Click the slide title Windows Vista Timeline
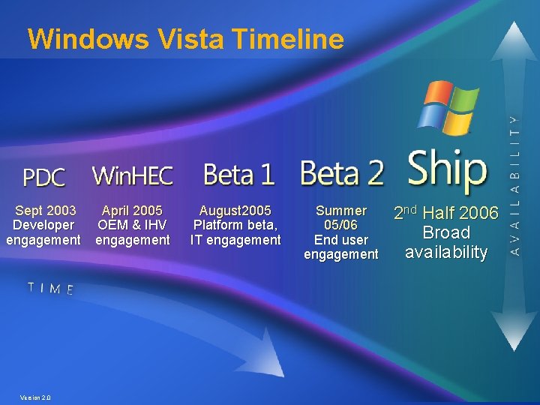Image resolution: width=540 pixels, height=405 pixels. tap(185, 39)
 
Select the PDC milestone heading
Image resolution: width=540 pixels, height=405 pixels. tap(43, 178)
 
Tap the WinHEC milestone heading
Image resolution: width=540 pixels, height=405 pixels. tap(133, 176)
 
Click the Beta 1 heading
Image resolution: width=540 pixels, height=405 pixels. tap(238, 175)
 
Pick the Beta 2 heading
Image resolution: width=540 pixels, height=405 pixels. tap(342, 174)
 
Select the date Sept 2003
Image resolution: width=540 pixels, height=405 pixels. tap(45, 211)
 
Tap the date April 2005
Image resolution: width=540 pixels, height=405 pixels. tap(132, 211)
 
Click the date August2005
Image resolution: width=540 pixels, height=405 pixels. tap(235, 211)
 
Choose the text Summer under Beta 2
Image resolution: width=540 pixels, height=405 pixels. tap(341, 211)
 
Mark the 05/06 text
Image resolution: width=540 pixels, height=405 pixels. tap(341, 225)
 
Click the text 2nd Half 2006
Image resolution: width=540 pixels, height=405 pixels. tap(446, 214)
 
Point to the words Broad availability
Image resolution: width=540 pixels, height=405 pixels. tap(446, 243)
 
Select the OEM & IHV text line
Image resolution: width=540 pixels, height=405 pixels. tap(132, 225)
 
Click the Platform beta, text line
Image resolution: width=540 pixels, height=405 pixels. tap(235, 225)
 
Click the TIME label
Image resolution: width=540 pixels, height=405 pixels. tap(50, 288)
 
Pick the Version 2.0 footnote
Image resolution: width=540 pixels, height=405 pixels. tap(36, 397)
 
